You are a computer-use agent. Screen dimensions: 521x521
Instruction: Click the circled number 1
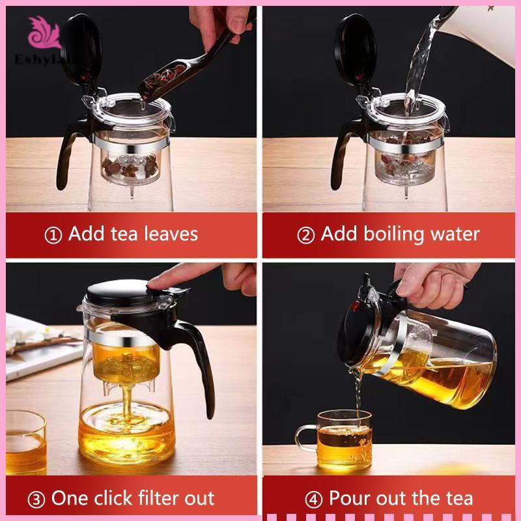(53, 235)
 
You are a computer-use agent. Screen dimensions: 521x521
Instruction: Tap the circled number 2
(305, 235)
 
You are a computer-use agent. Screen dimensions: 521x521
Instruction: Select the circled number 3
(36, 500)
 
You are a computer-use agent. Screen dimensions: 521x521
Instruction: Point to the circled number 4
(314, 500)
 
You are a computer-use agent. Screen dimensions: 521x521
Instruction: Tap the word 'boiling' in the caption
(395, 234)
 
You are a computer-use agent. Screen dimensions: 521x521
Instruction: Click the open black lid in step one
(82, 50)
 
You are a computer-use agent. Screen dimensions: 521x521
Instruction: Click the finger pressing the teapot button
(183, 275)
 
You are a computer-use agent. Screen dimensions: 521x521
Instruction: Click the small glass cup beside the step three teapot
(25, 442)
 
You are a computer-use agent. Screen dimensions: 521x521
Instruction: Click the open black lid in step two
(355, 50)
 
